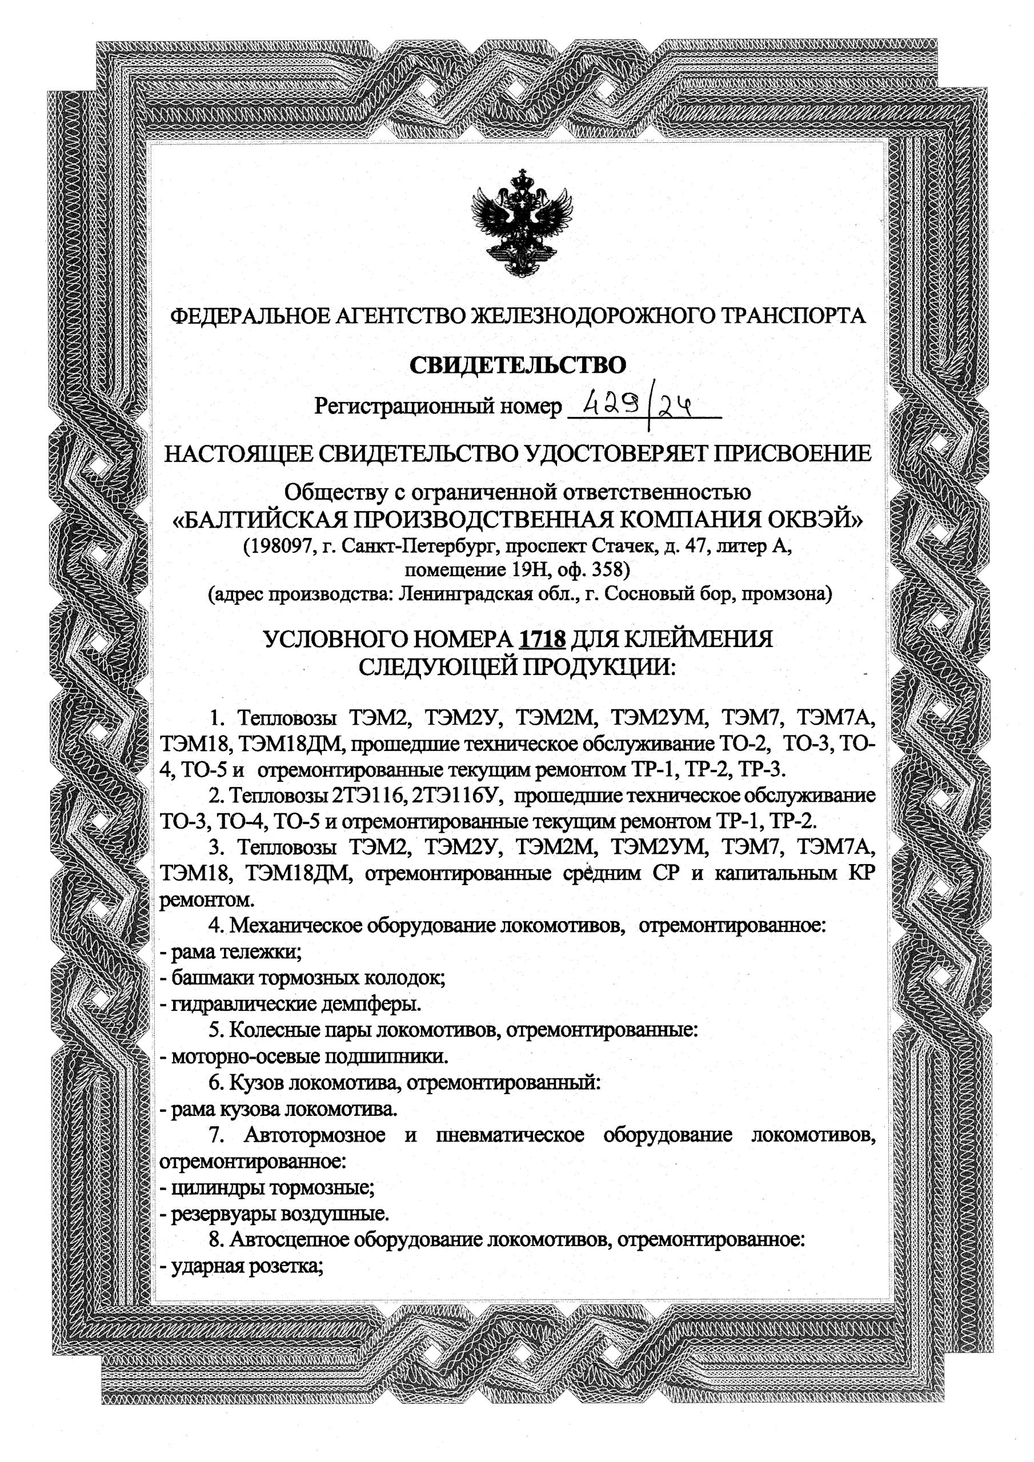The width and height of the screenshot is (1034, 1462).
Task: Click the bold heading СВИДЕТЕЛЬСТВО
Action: (x=518, y=365)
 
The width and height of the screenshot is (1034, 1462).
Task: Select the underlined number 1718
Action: (x=543, y=638)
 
